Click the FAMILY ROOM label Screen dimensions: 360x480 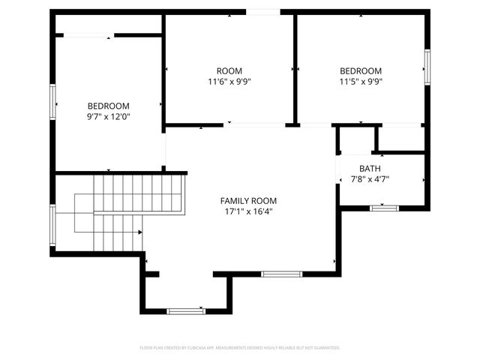(247, 200)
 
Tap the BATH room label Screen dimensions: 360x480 (370, 168)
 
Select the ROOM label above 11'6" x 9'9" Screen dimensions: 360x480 (229, 70)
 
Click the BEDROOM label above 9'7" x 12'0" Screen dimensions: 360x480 (109, 106)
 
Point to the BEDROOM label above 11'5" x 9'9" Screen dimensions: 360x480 (361, 70)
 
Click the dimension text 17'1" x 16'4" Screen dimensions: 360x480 (247, 211)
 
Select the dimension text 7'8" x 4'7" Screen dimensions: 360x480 (370, 179)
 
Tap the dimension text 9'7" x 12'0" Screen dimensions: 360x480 (109, 117)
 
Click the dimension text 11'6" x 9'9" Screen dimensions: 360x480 (229, 82)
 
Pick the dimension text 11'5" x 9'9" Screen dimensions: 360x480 (361, 82)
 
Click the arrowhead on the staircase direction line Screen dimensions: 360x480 (140, 232)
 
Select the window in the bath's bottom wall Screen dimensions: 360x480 (382, 207)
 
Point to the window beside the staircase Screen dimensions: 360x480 (53, 225)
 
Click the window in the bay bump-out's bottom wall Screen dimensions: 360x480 (185, 310)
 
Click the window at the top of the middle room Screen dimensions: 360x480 (263, 12)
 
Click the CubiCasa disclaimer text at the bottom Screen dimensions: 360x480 (240, 348)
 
